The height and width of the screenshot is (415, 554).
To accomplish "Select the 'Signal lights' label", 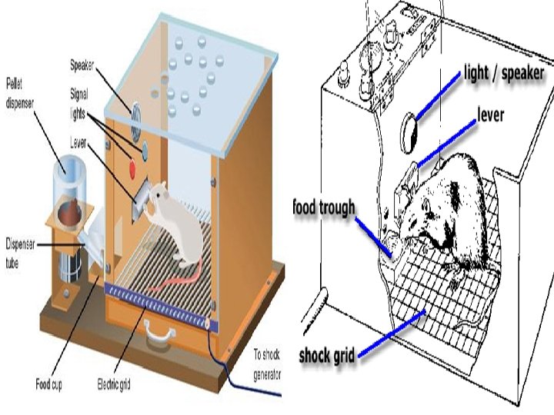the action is [80, 99].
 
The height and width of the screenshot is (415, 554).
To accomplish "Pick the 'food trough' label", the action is [324, 207].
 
